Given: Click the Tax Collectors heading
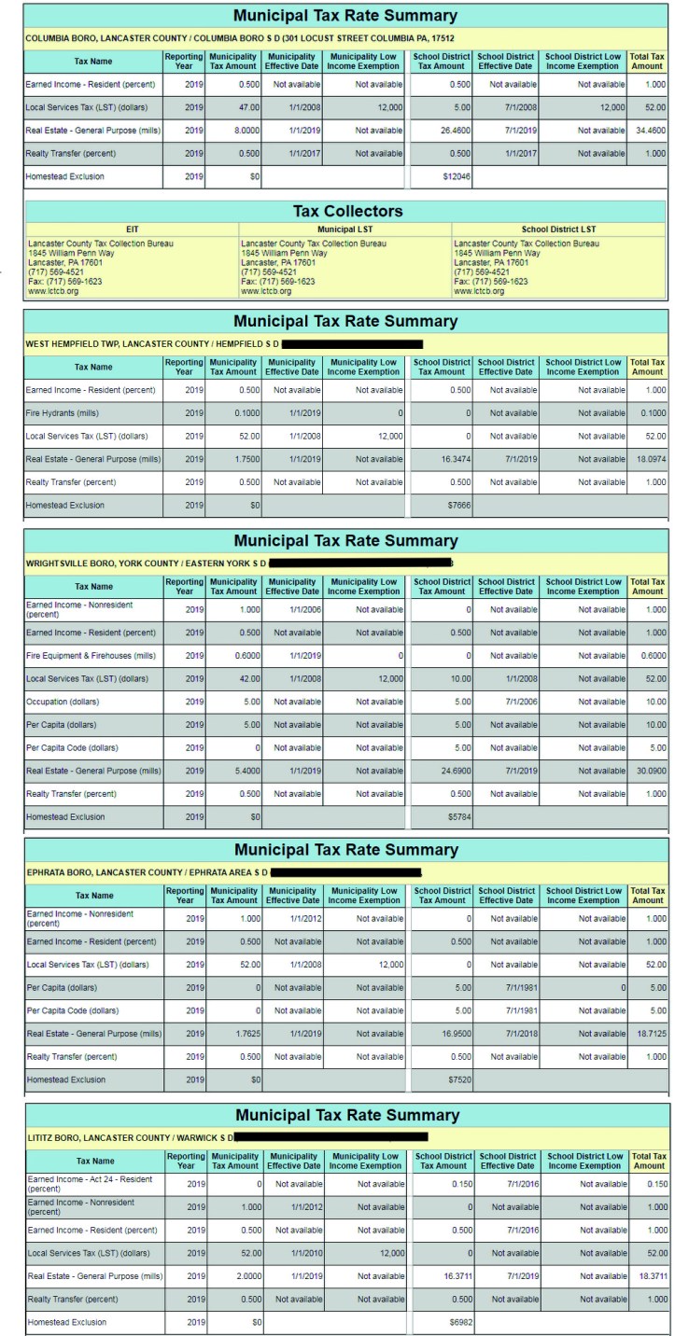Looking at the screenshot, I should [345, 211].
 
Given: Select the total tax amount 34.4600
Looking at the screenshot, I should [649, 130].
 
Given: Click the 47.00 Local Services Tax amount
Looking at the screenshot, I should [245, 107].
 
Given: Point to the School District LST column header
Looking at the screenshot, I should [558, 229].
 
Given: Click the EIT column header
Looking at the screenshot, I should [132, 229].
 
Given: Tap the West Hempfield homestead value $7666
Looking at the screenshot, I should [456, 505].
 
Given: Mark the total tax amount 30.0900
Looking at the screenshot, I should [649, 770].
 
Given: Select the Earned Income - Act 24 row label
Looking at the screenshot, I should [90, 1183].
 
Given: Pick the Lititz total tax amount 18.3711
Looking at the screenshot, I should [649, 1275].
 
